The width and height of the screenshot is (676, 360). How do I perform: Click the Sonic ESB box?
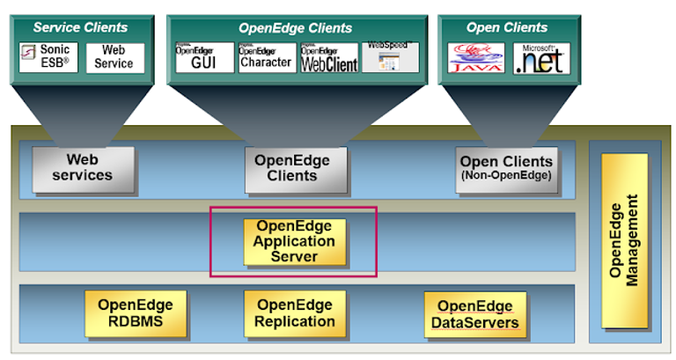pos(48,57)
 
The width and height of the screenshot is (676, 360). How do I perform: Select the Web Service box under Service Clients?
pos(114,57)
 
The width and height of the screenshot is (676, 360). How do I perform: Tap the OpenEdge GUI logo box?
pos(204,57)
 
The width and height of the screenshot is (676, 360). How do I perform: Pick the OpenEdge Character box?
pos(267,57)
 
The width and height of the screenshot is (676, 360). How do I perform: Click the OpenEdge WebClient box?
pos(329,57)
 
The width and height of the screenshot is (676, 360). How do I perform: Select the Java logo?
pos(475,58)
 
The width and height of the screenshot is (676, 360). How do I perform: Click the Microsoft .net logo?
pos(541,58)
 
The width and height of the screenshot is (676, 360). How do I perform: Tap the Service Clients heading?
pos(80,27)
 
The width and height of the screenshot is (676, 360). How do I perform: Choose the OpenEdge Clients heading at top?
pos(295,27)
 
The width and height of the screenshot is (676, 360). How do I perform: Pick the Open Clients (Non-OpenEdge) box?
pos(506,168)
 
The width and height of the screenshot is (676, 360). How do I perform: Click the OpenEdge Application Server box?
pos(294,241)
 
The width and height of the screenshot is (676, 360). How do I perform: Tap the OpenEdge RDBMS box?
pos(136,313)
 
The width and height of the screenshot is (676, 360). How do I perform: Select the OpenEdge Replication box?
pos(295,313)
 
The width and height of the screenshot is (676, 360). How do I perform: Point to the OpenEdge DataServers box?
pos(474,315)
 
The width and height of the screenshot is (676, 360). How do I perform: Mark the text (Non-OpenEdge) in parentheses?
pos(506,176)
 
